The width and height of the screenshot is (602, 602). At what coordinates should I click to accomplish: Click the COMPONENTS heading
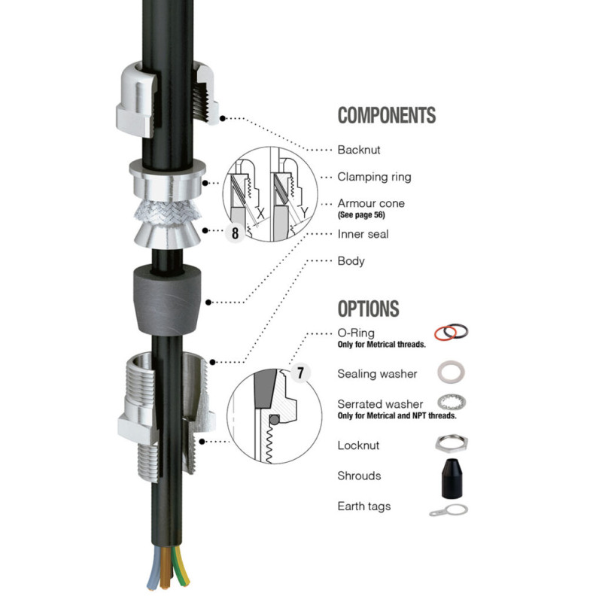(386, 115)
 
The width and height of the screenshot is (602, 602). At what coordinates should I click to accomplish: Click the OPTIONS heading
(368, 309)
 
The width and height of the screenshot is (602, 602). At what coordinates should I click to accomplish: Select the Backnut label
(359, 150)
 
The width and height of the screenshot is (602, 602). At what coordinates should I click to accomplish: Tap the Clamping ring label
(374, 177)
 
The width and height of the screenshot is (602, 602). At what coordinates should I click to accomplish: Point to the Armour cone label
(371, 203)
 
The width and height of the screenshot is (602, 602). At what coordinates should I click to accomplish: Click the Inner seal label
(363, 234)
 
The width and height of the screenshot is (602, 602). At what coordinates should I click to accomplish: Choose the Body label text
(351, 261)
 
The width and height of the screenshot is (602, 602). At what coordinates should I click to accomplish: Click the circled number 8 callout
(235, 233)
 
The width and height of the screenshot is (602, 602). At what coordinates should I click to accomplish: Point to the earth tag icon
(449, 510)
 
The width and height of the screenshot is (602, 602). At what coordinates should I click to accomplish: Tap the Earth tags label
(363, 506)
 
